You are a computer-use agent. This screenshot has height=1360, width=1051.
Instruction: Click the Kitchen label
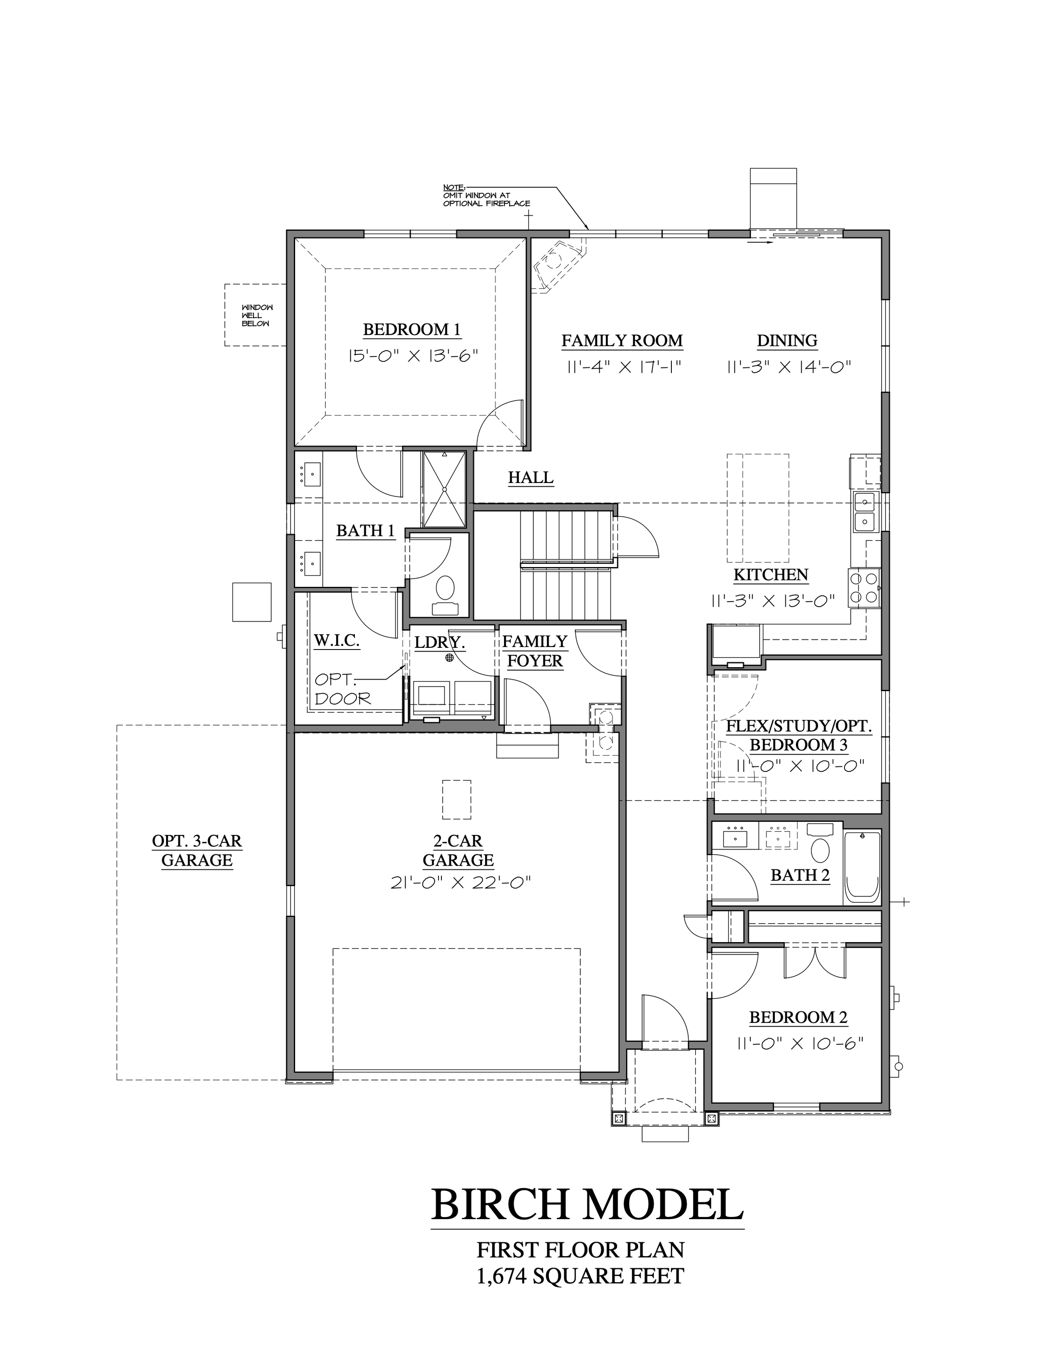(771, 575)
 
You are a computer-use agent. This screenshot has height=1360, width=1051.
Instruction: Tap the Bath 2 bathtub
(862, 867)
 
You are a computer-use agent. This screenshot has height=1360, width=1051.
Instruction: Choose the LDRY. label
(440, 642)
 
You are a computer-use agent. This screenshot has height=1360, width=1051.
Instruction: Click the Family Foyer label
(535, 651)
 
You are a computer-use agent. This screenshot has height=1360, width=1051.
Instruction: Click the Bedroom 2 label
(798, 1017)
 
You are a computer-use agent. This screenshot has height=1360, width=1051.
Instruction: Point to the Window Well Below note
(257, 316)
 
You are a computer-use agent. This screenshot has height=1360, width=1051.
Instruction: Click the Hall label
(531, 478)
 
